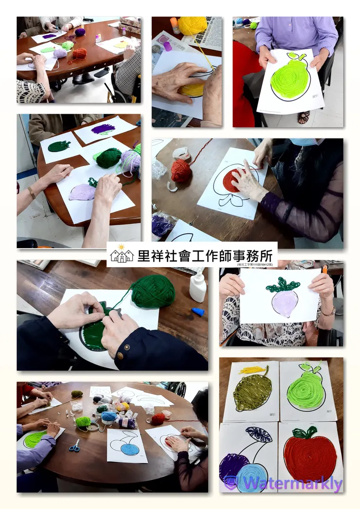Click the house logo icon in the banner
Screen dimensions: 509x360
coord(122,255)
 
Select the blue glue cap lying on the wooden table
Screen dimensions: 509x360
coord(198,311)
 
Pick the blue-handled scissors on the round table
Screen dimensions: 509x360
coord(74,445)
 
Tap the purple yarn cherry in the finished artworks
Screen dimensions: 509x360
coord(234,468)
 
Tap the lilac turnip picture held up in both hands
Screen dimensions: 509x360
coord(284,302)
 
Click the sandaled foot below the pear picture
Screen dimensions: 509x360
coord(304,117)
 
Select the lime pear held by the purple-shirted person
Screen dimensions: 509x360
coord(290,78)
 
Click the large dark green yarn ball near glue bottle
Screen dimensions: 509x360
coord(152,291)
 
